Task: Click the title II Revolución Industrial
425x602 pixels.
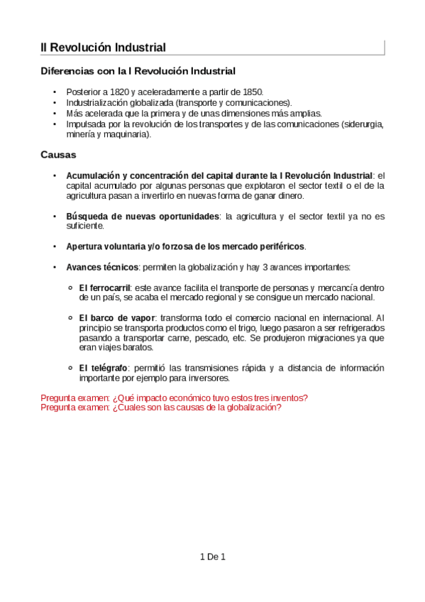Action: tap(104, 48)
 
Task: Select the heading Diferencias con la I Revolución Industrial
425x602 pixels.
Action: tap(138, 71)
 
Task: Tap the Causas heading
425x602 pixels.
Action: tap(59, 154)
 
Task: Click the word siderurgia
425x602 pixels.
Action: tap(362, 124)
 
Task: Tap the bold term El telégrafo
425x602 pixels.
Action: tap(104, 368)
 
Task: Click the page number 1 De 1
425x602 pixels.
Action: tap(212, 557)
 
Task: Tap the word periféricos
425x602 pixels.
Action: tap(278, 246)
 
